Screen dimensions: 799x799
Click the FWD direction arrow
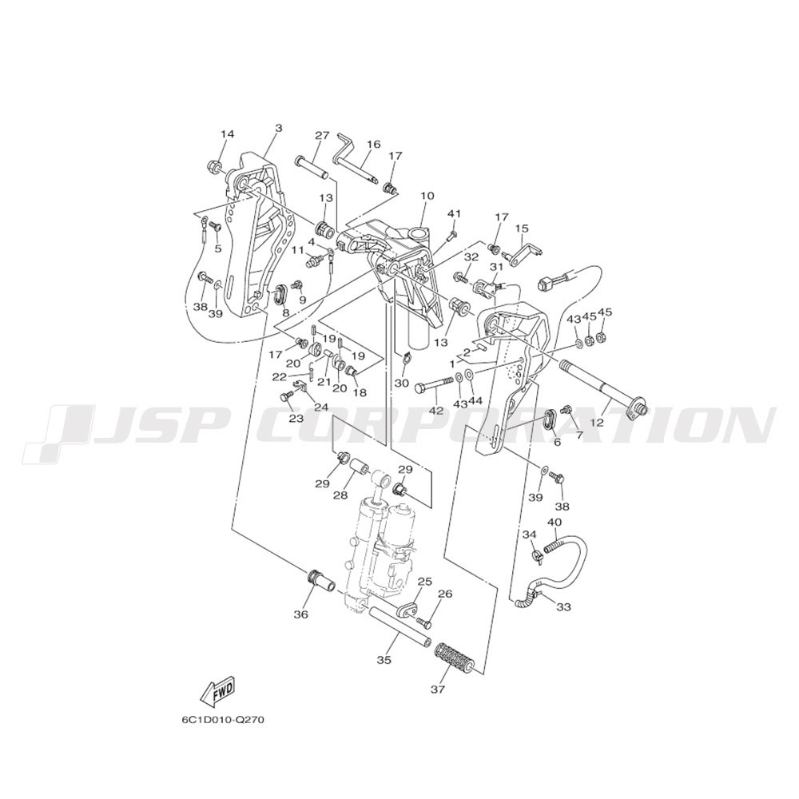click(217, 693)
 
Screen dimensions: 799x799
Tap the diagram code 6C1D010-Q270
click(223, 721)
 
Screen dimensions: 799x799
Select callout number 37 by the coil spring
click(438, 690)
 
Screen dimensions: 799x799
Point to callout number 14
click(227, 134)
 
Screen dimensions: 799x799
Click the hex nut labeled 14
click(214, 166)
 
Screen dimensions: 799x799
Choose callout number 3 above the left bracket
click(278, 128)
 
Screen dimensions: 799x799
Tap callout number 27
click(322, 136)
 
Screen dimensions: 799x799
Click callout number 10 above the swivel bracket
click(427, 196)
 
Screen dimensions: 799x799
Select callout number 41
click(454, 214)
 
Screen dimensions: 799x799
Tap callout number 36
click(301, 614)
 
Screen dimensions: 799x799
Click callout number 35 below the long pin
click(384, 660)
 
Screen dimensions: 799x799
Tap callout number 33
click(563, 607)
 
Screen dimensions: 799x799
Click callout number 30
click(402, 383)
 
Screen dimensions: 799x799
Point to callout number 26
click(445, 594)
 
